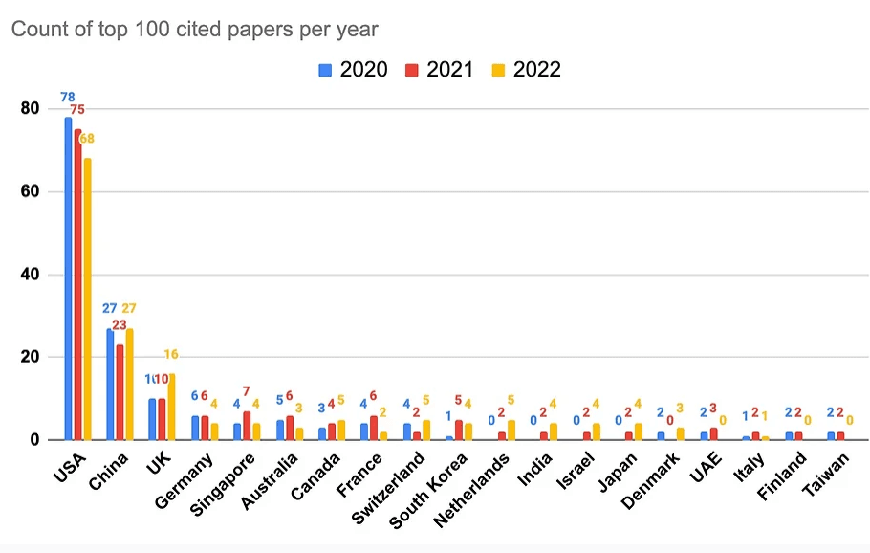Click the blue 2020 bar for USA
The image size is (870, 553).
pyautogui.click(x=68, y=278)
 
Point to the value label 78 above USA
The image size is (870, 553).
pyautogui.click(x=67, y=98)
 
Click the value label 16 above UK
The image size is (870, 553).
pyautogui.click(x=172, y=355)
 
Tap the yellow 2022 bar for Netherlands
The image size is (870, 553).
pyautogui.click(x=511, y=430)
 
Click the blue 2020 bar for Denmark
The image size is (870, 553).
pyautogui.click(x=660, y=436)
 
